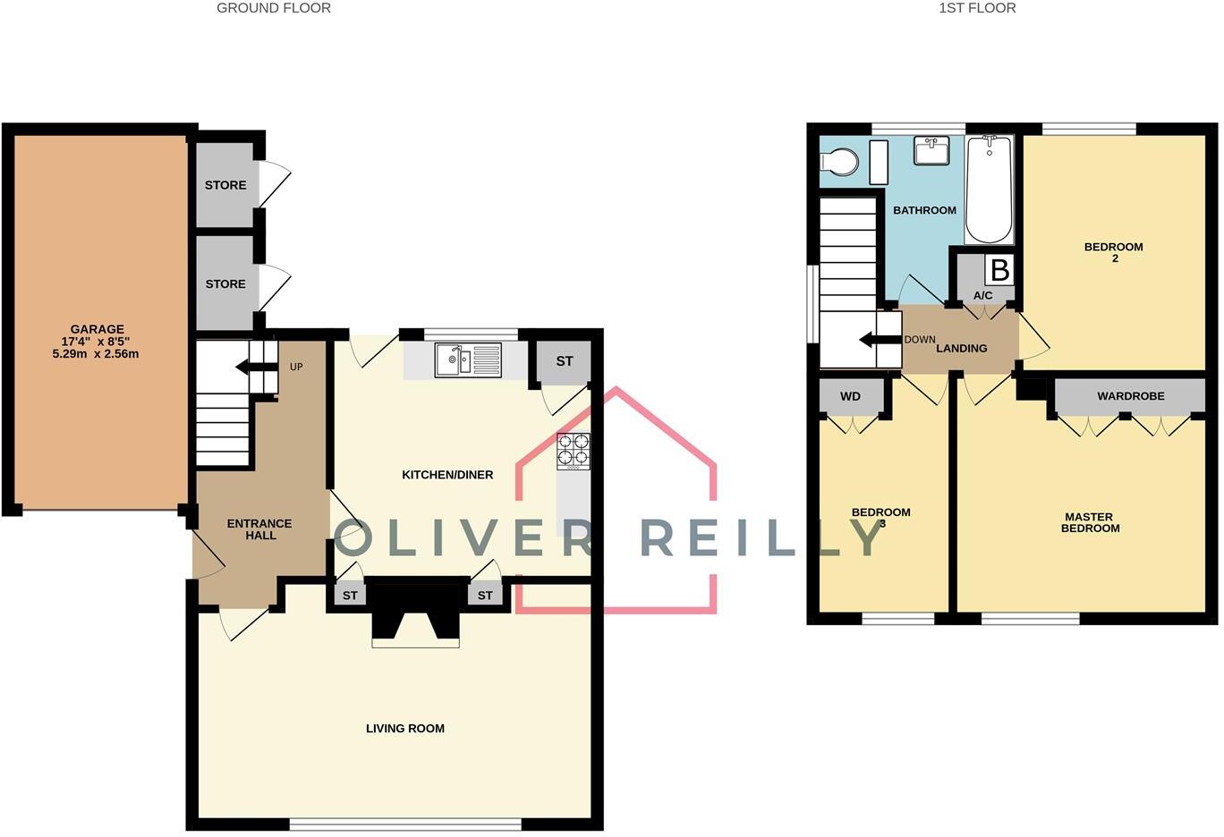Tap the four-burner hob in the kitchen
coord(574,451)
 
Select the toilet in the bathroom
coord(838,163)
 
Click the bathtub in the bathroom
coord(989,189)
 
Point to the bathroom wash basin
coord(932,151)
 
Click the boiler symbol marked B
coord(999,269)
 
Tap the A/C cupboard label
coord(982,295)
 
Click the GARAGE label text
coord(98,329)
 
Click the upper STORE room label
coord(225,185)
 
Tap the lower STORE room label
coord(225,283)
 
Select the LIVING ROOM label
coord(405,728)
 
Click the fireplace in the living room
coord(416,617)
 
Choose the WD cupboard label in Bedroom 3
coord(850,396)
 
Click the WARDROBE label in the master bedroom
coord(1130,395)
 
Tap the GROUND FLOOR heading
coord(274,8)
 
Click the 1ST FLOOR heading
coord(977,8)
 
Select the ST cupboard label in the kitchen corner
coord(565,361)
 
